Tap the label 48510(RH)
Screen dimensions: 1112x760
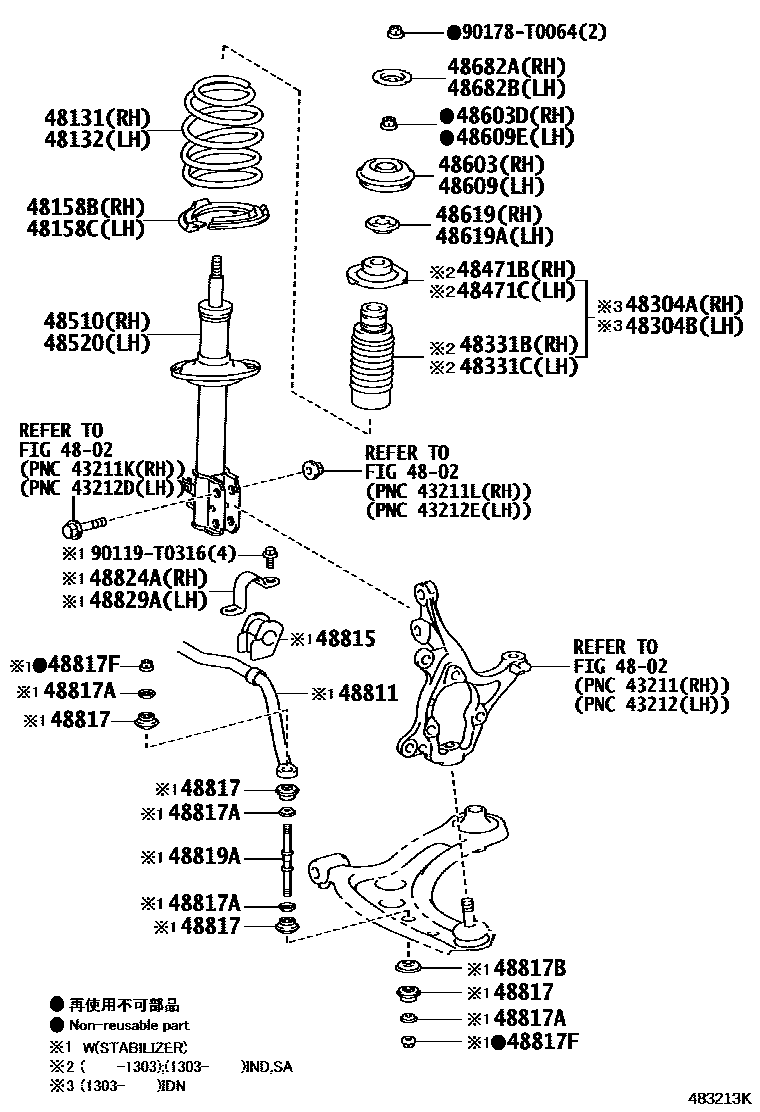tap(96, 322)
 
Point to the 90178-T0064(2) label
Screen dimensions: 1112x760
tap(526, 33)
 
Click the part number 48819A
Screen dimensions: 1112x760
tap(204, 856)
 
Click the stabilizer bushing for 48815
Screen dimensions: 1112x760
tap(258, 637)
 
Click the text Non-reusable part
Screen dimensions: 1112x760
tap(129, 1025)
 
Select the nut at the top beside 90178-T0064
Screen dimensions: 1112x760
tap(397, 33)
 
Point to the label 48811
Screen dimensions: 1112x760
tap(368, 692)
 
